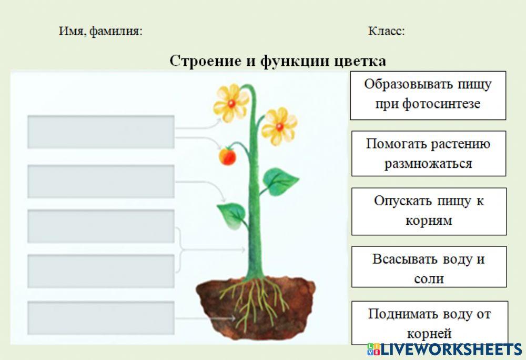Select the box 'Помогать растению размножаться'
click(x=428, y=153)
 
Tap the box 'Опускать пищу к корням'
click(x=429, y=211)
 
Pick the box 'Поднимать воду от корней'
click(x=429, y=323)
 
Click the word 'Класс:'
click(x=387, y=31)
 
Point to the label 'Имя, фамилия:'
click(x=100, y=31)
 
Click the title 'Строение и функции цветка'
click(x=278, y=61)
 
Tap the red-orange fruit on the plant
click(x=227, y=156)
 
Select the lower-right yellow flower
click(x=279, y=126)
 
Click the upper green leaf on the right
click(x=279, y=181)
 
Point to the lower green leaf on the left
click(x=232, y=215)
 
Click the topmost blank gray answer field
click(x=100, y=132)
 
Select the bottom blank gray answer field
click(x=100, y=318)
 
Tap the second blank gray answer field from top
click(x=100, y=181)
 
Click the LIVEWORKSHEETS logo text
click(x=451, y=349)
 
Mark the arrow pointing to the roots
click(x=205, y=318)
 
